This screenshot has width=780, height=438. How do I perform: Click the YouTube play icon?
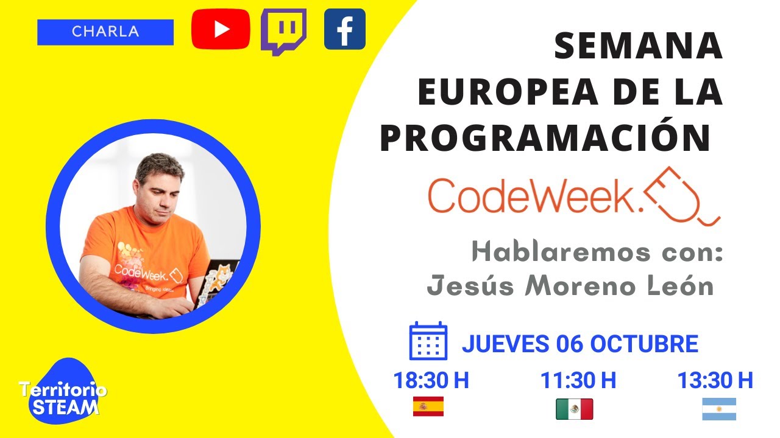click(x=220, y=29)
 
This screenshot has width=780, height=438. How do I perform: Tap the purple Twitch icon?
click(x=283, y=30)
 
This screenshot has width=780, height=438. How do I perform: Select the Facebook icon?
click(x=344, y=29)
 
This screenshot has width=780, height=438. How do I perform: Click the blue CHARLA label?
click(x=105, y=32)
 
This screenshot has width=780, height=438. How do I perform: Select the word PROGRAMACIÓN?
click(x=545, y=139)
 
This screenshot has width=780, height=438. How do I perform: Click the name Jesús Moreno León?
click(x=570, y=285)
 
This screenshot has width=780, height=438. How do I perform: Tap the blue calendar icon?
click(x=428, y=341)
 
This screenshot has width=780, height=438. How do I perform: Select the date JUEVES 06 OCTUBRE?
click(x=580, y=344)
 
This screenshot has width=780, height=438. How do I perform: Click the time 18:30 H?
click(x=430, y=381)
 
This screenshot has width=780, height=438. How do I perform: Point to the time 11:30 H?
click(x=578, y=381)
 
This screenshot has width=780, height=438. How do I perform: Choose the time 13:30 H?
click(x=715, y=381)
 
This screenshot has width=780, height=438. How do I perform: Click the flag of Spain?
click(x=428, y=406)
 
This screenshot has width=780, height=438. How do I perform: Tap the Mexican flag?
click(x=574, y=409)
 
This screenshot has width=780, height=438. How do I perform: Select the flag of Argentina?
click(x=719, y=409)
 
